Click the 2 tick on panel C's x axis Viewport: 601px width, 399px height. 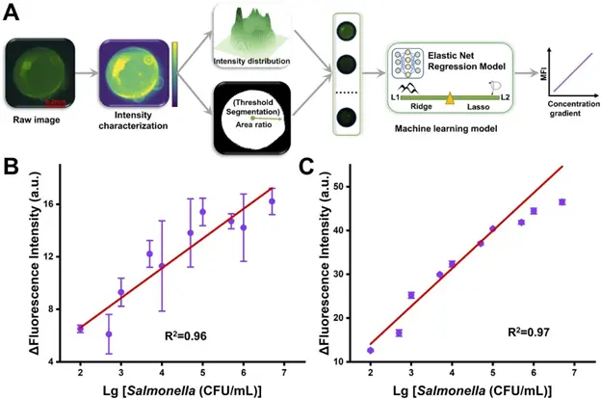(370, 372)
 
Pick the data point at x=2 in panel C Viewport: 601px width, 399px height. (370, 349)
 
